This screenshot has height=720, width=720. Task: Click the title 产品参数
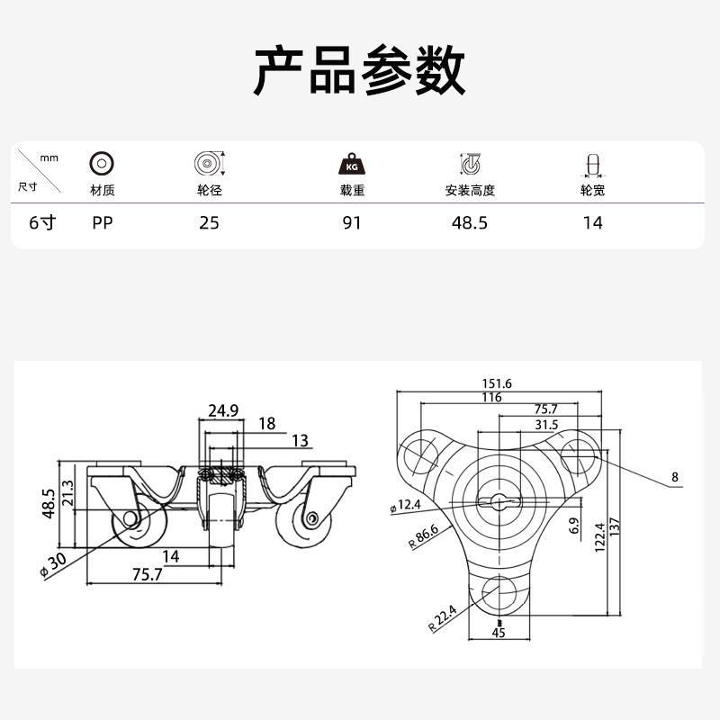tap(359, 70)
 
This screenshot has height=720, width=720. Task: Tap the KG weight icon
tap(352, 164)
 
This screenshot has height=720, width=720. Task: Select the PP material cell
tap(103, 222)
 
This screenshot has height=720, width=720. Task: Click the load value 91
tap(352, 222)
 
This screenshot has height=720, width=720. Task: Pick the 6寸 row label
tap(42, 222)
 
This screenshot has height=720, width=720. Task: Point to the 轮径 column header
tap(210, 190)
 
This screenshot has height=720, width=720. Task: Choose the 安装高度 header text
tap(470, 190)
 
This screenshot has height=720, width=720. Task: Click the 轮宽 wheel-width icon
tap(593, 165)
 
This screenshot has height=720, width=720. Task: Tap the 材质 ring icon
tap(102, 164)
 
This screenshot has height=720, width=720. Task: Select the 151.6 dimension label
tap(497, 383)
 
